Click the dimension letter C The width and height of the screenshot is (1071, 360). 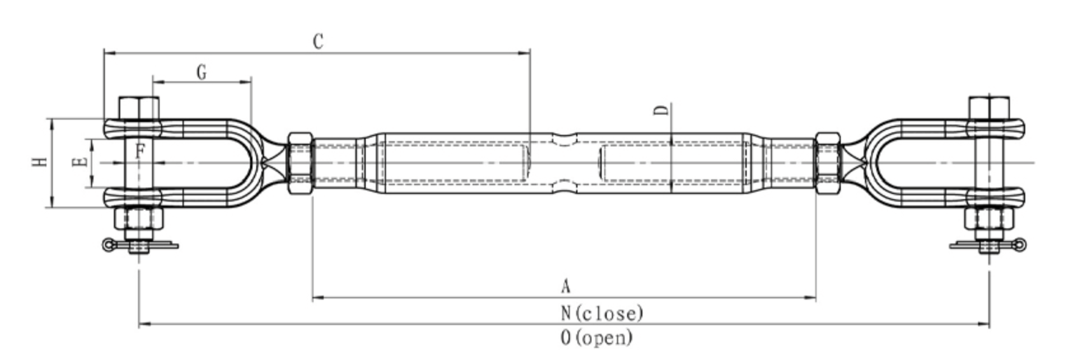coord(319,42)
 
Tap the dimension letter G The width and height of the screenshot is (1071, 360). coord(202,73)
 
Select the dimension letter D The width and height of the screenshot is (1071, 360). coord(662,110)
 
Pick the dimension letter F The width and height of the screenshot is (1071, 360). coord(140,151)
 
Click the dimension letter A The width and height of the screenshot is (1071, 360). coord(565,286)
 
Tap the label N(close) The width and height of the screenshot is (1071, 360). coord(602,313)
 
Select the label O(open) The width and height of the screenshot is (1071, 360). coord(597,337)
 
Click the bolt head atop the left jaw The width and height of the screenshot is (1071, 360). coord(139,108)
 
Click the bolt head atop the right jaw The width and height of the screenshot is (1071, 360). coord(988,107)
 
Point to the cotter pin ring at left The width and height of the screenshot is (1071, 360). coord(109,244)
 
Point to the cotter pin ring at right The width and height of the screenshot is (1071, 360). coord(1019,244)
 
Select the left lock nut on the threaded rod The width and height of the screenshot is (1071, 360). coord(300,163)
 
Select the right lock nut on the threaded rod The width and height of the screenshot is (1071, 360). coord(827,163)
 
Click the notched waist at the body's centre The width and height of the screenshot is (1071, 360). coord(564,163)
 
